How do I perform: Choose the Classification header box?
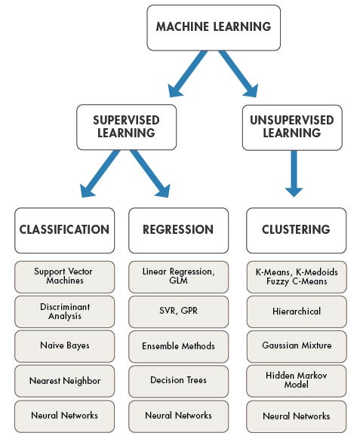64,230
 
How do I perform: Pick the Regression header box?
177,230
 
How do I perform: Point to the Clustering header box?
295,230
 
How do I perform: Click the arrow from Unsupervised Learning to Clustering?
295,177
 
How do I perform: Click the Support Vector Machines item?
64,276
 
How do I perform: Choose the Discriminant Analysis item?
64,312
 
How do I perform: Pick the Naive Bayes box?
64,346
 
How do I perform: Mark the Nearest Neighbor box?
64,381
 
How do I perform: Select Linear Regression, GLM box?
177,276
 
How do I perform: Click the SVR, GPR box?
177,312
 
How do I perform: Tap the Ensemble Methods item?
177,346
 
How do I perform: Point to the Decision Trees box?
177,381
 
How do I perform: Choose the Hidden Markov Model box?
295,381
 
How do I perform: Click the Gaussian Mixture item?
295,346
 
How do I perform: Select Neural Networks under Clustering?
295,416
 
